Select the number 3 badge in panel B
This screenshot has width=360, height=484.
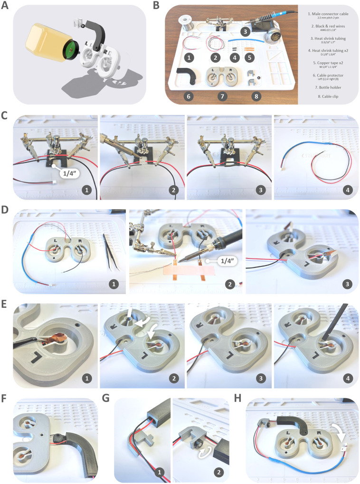[x=245, y=31]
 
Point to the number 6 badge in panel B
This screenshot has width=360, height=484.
[x=189, y=95]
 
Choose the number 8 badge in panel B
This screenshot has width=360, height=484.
[x=257, y=95]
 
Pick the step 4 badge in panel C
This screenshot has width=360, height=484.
[x=348, y=189]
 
